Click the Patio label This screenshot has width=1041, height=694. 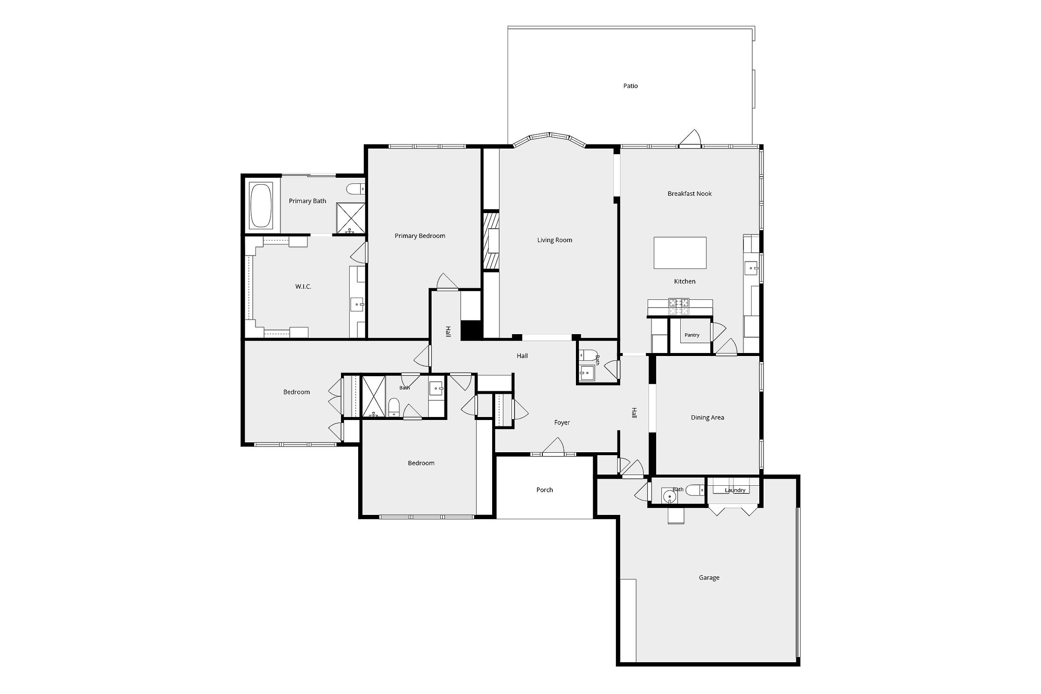point(630,86)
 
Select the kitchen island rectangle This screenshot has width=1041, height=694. point(680,253)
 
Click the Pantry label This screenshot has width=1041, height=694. point(692,335)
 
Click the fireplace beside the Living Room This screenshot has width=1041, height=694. point(491,241)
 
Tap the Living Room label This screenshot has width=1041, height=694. point(554,240)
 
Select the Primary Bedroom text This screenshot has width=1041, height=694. point(420,236)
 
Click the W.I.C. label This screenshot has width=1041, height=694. point(303,287)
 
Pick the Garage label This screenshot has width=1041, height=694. point(709,578)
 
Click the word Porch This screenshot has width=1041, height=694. point(545,490)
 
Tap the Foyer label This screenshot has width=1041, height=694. point(562,423)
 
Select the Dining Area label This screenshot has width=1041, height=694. point(707,417)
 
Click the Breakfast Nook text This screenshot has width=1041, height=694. point(690,193)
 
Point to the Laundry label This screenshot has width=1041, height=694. point(735,490)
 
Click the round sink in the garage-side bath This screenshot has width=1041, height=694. point(670,496)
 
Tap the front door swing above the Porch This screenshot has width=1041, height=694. point(553,446)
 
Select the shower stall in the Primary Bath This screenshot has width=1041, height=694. point(350,218)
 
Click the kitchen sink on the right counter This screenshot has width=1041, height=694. point(752,268)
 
